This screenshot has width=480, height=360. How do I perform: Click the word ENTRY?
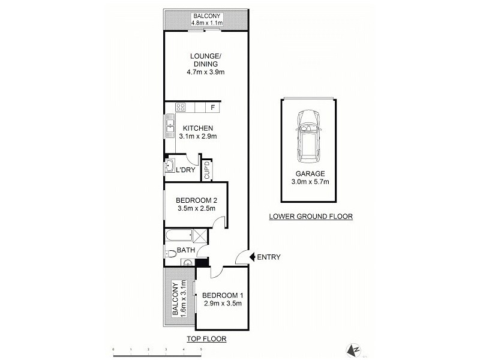[269, 257]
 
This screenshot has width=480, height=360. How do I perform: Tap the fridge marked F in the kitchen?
[212, 108]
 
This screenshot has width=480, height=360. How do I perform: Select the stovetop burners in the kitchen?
[180, 108]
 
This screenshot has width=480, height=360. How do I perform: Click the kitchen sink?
[170, 128]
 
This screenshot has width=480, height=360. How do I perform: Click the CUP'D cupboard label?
[207, 170]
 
